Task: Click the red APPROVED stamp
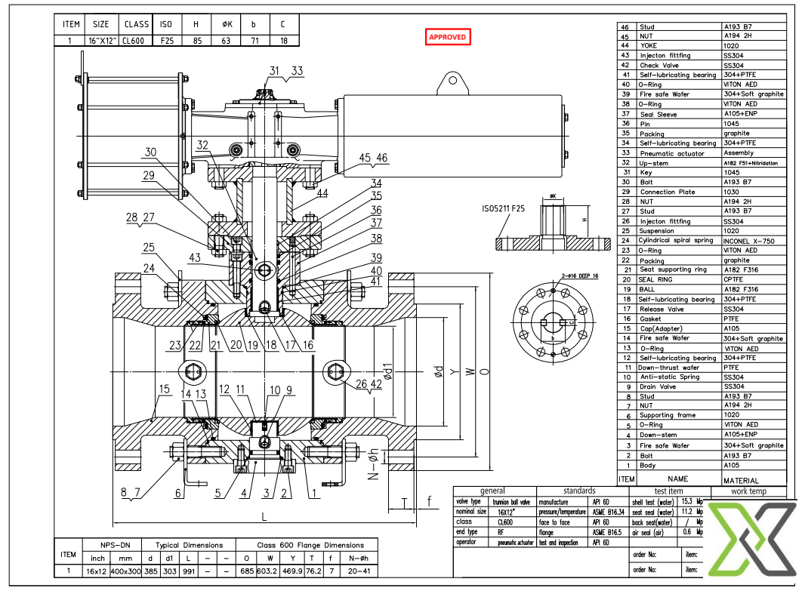[x=448, y=37]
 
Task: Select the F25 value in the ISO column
[x=167, y=41]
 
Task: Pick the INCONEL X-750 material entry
[x=749, y=241]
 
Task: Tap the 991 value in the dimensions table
[x=190, y=571]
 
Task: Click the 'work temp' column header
[x=748, y=491]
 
